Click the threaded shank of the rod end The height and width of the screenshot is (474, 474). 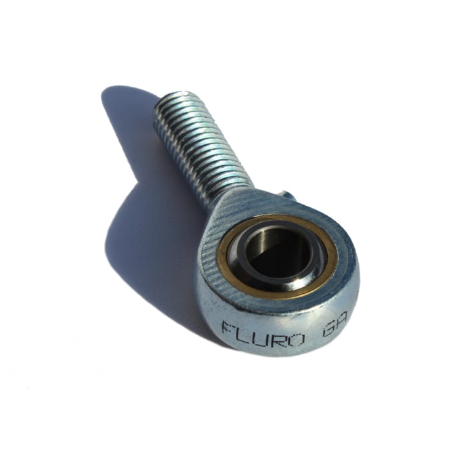196,146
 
